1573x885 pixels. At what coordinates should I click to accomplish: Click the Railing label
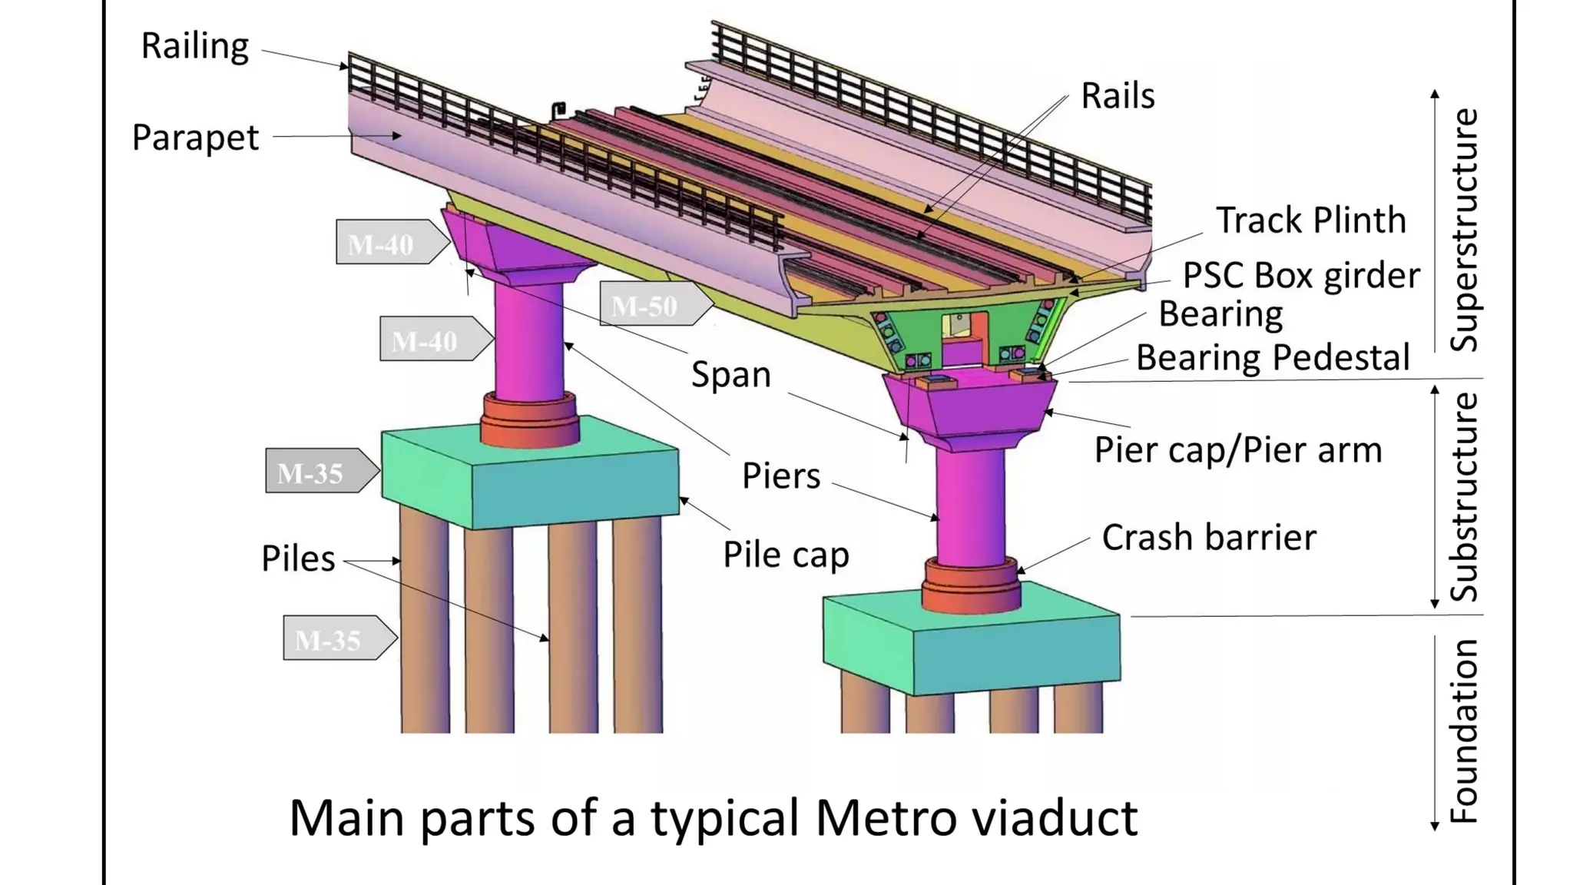(194, 46)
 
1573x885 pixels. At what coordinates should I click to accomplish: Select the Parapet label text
(195, 138)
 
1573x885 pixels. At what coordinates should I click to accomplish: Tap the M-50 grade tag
(645, 307)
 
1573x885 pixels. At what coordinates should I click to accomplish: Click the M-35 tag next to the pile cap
(311, 473)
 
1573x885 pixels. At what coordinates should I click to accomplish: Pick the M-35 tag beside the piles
(329, 640)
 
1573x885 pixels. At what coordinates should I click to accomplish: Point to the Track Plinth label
(1310, 220)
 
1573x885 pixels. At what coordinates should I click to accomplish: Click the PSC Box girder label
(1301, 276)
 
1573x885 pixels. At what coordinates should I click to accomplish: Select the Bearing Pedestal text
(1272, 358)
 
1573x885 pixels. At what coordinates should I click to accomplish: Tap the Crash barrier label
(1208, 537)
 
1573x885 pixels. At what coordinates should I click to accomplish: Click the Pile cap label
(786, 555)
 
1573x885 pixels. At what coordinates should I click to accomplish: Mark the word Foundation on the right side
(1464, 731)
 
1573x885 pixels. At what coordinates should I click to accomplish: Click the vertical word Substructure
(1464, 497)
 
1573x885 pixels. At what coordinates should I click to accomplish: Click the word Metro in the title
(886, 818)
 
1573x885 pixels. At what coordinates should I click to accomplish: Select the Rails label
(1118, 96)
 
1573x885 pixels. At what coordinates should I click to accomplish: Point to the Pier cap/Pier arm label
(1237, 450)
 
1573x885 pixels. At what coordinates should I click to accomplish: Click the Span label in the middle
(730, 375)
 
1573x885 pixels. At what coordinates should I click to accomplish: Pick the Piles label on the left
(298, 559)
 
